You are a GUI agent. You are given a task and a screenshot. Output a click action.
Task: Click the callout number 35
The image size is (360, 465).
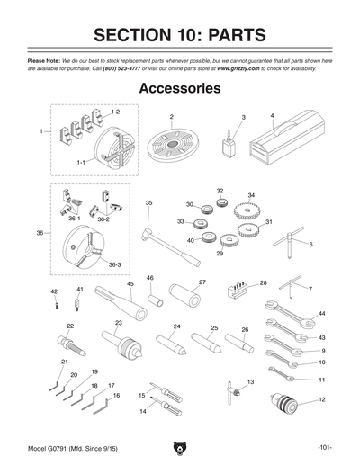(x=148, y=203)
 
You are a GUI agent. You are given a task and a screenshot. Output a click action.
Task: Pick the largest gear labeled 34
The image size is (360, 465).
(x=243, y=214)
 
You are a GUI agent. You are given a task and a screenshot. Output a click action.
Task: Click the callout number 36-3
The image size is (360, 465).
(x=113, y=265)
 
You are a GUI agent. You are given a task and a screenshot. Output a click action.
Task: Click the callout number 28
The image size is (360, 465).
(x=263, y=282)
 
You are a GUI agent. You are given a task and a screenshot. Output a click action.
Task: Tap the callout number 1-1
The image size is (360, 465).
(x=80, y=161)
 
